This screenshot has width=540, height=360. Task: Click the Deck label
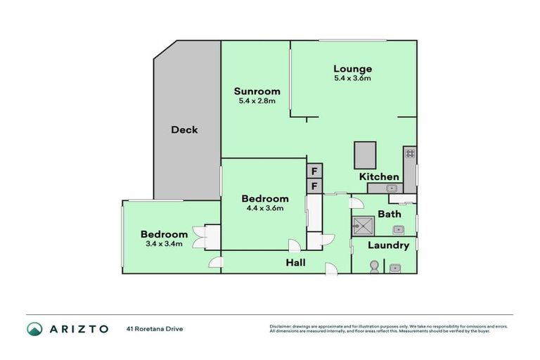(x=184, y=130)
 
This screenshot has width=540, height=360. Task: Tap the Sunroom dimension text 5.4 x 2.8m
(x=257, y=101)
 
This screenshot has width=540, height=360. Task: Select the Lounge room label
(x=352, y=68)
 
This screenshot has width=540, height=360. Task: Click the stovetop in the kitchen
(x=410, y=153)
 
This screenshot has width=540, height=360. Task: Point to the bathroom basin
(x=398, y=229)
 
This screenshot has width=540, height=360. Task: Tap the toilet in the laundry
(x=375, y=266)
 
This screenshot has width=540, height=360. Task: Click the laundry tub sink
(x=396, y=267)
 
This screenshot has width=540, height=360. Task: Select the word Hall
(x=295, y=263)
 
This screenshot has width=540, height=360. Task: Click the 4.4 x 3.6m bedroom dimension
(x=264, y=208)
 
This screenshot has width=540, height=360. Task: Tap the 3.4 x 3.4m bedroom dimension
(x=164, y=244)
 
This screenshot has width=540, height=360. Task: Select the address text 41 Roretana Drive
(x=155, y=328)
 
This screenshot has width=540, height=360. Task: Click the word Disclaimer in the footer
(x=281, y=326)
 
